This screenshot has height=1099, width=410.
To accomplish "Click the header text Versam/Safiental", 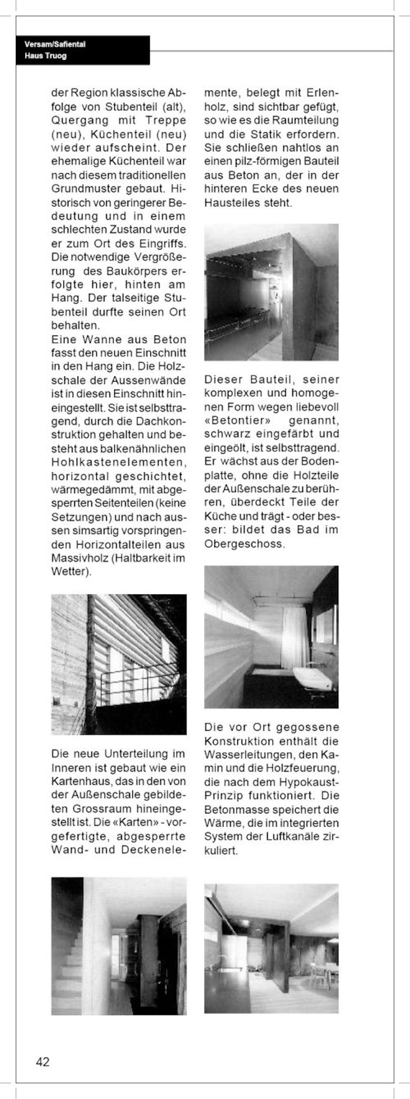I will coord(55,44).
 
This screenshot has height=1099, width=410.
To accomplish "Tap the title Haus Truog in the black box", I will coord(45,56).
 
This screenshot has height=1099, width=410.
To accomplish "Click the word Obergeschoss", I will coord(244,543).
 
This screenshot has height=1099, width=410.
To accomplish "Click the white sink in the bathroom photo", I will coord(312,679).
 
